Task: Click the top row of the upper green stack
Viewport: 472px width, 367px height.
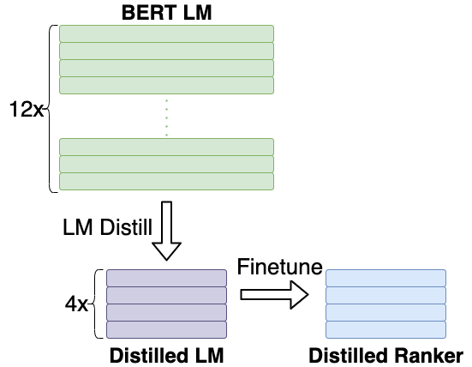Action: [166, 33]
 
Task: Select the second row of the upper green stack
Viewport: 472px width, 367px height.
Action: [166, 51]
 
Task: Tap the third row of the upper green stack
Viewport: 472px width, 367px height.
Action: [166, 68]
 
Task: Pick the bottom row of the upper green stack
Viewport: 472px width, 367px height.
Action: [166, 85]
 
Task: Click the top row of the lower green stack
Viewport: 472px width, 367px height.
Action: [166, 147]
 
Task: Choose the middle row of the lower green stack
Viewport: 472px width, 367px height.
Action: [166, 164]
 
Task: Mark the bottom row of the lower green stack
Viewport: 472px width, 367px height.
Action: [166, 181]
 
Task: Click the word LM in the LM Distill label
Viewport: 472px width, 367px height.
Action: [78, 229]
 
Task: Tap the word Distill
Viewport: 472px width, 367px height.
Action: [124, 229]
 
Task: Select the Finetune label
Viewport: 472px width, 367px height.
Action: [279, 268]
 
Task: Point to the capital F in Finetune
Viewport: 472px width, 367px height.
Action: [243, 268]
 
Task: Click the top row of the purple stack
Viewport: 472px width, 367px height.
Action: [166, 278]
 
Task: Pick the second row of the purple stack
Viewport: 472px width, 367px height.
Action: [166, 295]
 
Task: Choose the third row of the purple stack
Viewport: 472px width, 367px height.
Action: [166, 312]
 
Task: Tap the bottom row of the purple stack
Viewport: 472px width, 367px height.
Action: [166, 329]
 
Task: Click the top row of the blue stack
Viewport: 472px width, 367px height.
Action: [385, 278]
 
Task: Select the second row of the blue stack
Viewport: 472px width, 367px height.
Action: [385, 295]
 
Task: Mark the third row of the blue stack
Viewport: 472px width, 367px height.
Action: [385, 312]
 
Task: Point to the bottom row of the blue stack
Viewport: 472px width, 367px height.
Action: [385, 329]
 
